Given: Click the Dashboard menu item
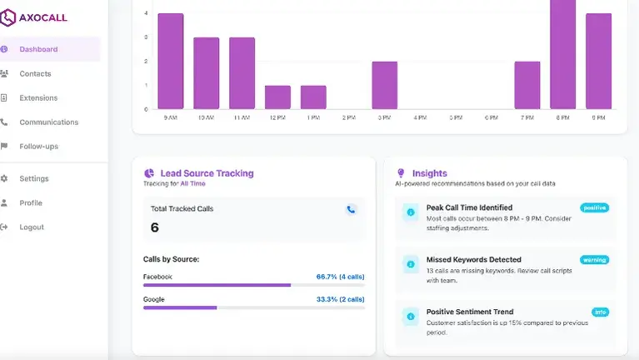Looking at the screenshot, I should point(38,49).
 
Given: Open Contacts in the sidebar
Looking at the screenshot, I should point(35,73).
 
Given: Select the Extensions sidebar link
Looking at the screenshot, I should point(38,97).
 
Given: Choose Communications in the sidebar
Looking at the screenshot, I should point(48,122).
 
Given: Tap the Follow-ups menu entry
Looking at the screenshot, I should point(38,146).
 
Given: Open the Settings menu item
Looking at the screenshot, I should point(34,178).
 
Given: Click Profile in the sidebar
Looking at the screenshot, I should point(31,202).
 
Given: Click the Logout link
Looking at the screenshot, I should point(32,227).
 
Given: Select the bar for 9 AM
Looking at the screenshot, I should point(170,62).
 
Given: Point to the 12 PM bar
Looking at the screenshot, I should point(277,97).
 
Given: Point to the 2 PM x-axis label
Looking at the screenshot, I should point(348,118).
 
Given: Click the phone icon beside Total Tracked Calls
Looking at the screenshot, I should point(352,210).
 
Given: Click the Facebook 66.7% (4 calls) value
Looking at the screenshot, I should point(340,276).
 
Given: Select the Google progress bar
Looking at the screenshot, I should point(253,307).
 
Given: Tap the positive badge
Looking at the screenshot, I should point(594,207).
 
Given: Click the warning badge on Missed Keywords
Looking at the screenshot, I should point(594,260).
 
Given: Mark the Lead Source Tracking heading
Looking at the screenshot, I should point(205,173).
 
